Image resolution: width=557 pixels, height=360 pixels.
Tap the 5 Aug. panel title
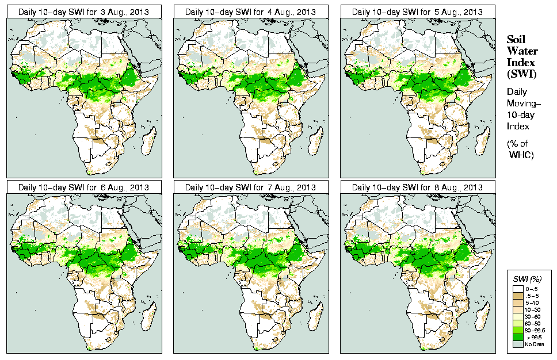point(417,12)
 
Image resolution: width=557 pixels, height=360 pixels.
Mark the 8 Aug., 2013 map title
point(417,187)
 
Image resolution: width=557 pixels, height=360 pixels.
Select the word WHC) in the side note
point(522,155)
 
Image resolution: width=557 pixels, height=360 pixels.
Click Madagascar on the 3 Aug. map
point(149,141)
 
